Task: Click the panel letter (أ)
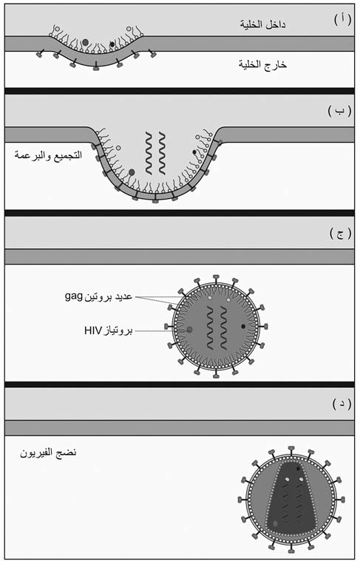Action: tap(342, 20)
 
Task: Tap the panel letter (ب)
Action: tap(339, 111)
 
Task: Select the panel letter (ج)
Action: tap(340, 234)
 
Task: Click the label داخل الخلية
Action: tap(262, 24)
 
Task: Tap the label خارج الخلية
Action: tap(262, 64)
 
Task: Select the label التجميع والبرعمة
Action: tap(48, 155)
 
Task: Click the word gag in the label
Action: tap(74, 296)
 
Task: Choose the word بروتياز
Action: tap(118, 330)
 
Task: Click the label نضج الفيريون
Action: tap(48, 452)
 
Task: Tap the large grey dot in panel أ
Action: tap(85, 42)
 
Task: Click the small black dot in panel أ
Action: tap(112, 44)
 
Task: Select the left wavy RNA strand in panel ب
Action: tap(149, 153)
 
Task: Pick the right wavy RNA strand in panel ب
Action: tap(162, 153)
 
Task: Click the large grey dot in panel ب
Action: tap(132, 172)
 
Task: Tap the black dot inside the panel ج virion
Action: tap(243, 326)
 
